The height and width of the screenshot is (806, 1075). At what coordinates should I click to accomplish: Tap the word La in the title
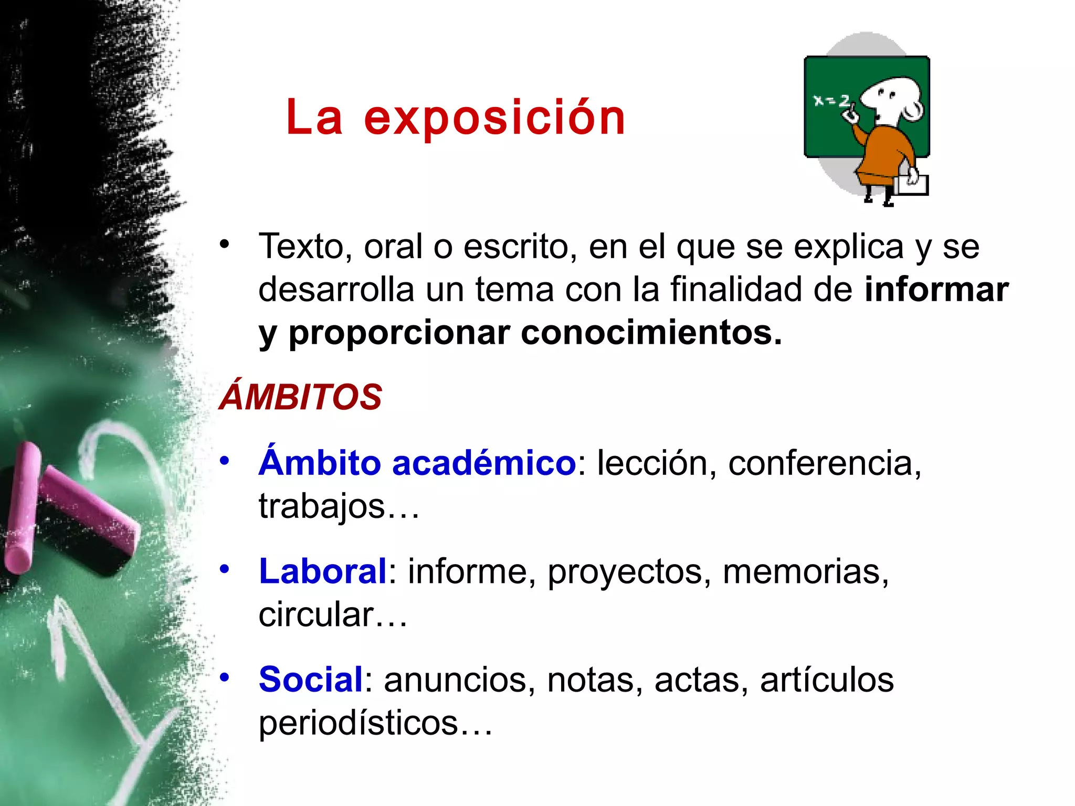314,118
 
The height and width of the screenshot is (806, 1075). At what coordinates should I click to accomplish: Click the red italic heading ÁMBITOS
300,397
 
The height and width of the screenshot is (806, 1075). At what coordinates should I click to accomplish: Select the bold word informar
936,290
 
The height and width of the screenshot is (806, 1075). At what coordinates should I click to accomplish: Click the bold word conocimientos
651,333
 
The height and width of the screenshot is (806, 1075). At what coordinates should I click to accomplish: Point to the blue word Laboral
323,571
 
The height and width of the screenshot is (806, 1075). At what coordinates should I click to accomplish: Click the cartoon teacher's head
892,97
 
